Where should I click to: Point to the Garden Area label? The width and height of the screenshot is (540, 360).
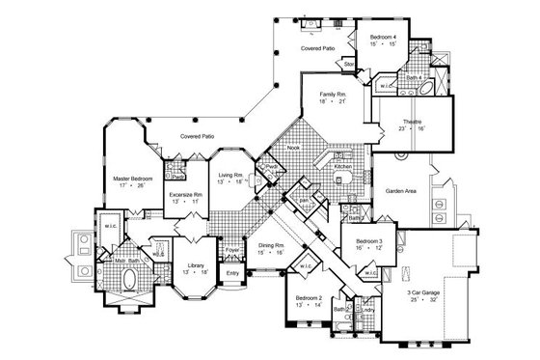point(401,192)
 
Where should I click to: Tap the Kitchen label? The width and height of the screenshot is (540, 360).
point(343,166)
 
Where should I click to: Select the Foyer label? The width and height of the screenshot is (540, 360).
point(232,250)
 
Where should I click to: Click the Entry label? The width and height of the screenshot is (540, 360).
point(232,273)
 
